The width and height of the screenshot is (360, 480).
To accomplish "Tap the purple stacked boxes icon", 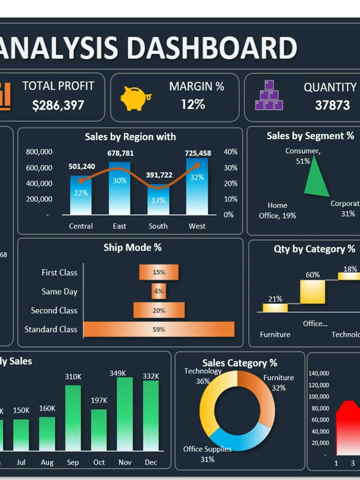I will tap(269, 96).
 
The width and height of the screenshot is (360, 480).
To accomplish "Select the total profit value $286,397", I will tap(58, 105).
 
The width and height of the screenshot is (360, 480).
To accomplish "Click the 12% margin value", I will tap(193, 104).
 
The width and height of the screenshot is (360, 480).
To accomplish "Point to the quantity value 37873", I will tap(332, 105).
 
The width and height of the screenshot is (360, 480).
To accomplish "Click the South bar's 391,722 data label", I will tap(159, 175).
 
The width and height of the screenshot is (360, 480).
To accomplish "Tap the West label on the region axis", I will tap(197, 226).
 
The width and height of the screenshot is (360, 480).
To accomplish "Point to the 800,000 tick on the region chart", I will tap(39, 152).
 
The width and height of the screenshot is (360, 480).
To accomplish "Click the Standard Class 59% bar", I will tap(159, 329).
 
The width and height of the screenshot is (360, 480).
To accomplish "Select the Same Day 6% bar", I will tap(159, 292).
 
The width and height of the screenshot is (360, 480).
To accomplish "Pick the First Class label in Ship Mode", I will tap(59, 273).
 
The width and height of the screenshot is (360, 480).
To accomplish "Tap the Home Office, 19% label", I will tap(277, 211).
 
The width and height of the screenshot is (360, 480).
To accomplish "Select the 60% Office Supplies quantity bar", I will tap(312, 292).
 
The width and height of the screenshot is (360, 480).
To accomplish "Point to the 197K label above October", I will tap(99, 400).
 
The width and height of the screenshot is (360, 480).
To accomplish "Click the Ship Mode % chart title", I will tap(132, 248).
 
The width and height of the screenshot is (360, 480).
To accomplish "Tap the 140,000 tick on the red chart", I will tap(319, 373).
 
